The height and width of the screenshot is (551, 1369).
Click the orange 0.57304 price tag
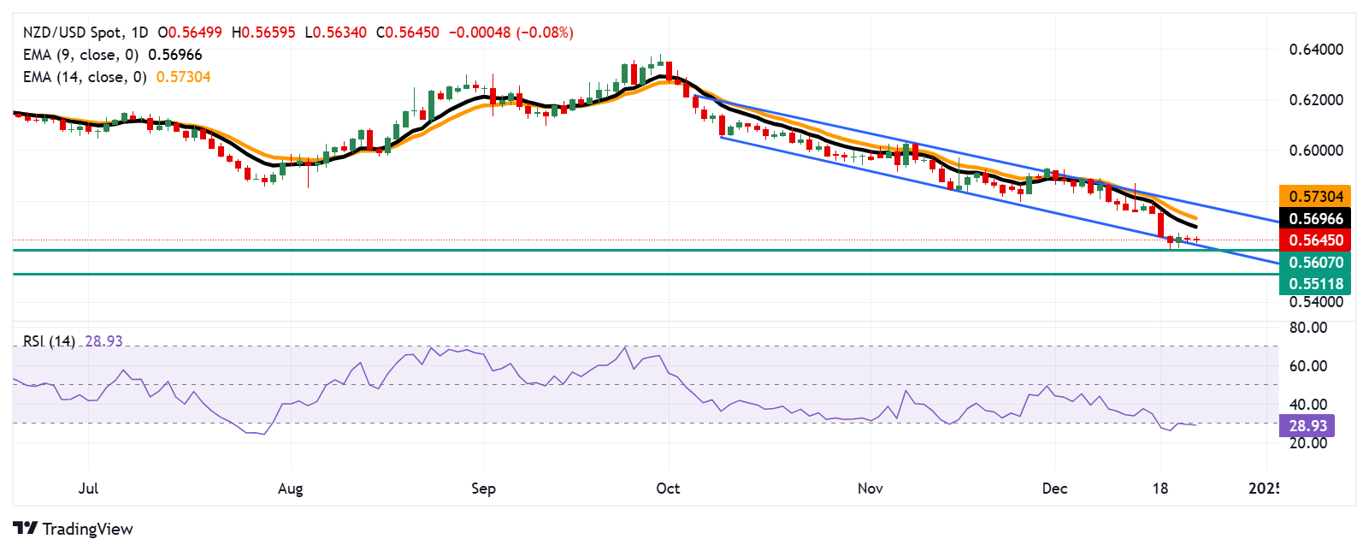(x=1315, y=197)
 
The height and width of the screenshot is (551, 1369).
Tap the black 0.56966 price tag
(x=1315, y=219)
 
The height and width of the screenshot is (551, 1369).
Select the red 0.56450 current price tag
(x=1315, y=240)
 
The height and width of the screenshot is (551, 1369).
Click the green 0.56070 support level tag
(x=1315, y=263)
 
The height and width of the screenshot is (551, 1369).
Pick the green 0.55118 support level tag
(x=1315, y=284)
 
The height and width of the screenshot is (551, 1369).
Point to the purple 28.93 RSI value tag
(x=1307, y=426)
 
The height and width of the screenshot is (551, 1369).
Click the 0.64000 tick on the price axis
(x=1316, y=50)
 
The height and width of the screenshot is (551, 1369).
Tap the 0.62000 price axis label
(x=1316, y=100)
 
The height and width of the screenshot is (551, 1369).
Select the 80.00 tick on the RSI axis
(x=1308, y=328)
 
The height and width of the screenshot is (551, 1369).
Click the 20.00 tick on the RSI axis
(x=1308, y=443)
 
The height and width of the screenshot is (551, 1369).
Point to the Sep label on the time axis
(x=483, y=489)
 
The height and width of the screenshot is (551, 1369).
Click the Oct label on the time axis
(x=668, y=489)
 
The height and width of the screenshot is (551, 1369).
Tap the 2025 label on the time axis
(x=1264, y=489)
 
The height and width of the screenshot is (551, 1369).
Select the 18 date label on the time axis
(x=1160, y=489)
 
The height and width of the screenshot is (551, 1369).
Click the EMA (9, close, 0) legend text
(x=80, y=55)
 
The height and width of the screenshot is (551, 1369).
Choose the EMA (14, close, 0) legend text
(x=85, y=77)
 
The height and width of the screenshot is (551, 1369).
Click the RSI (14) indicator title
(x=49, y=341)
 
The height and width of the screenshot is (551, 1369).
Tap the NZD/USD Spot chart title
(x=72, y=33)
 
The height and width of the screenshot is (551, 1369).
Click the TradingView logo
(x=74, y=529)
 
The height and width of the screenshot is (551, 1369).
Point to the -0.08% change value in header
(x=546, y=33)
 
